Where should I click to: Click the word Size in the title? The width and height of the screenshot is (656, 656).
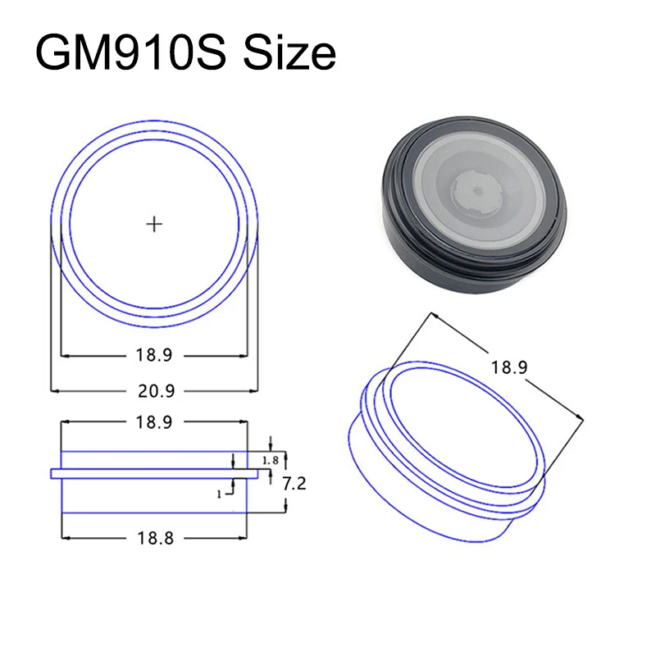tap(289, 53)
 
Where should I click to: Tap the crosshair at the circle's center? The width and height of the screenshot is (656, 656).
tap(154, 224)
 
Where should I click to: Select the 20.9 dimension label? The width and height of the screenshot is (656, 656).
tap(156, 391)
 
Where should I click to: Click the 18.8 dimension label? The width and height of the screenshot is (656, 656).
tap(155, 538)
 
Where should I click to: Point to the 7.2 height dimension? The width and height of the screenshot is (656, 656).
tap(294, 484)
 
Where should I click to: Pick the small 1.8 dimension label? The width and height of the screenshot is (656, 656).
tap(271, 461)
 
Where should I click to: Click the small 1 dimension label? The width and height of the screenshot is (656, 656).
tap(219, 494)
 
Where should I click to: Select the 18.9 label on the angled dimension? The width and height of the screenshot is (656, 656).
tap(509, 367)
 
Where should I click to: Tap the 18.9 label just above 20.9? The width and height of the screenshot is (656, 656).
tap(154, 355)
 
